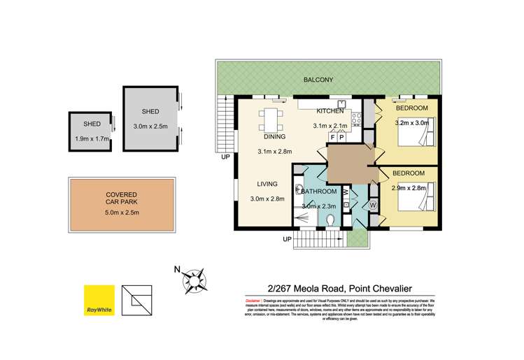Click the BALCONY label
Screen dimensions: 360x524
[x=318, y=80]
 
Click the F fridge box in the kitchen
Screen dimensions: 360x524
[x=332, y=137]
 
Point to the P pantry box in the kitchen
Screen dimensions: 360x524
[x=341, y=137]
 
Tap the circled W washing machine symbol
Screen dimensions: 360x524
[x=372, y=205]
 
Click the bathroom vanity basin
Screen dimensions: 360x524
[x=299, y=188]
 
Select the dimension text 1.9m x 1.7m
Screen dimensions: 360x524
[x=92, y=139]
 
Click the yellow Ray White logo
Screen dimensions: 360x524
[x=98, y=300]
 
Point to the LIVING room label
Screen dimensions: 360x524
[x=267, y=185]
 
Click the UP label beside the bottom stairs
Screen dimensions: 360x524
[x=286, y=240]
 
